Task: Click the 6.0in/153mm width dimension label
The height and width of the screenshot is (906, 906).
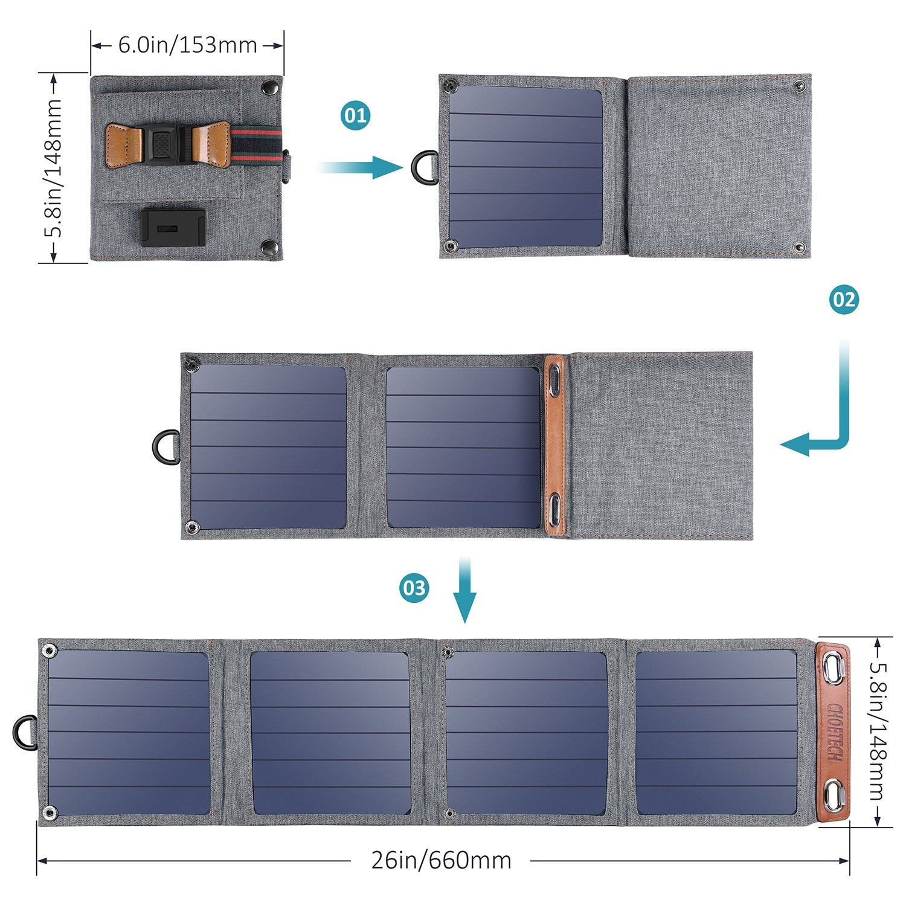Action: click(187, 45)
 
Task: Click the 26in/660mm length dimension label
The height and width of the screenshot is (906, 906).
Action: click(441, 860)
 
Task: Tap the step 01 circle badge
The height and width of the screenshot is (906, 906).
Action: click(355, 115)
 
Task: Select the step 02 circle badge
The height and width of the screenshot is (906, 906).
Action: click(843, 300)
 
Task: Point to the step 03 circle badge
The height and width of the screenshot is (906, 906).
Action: click(414, 588)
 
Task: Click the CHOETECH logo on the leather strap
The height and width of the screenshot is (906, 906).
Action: click(834, 732)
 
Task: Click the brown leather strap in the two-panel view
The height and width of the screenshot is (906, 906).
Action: click(554, 445)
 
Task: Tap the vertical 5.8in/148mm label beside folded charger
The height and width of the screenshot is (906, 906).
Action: click(53, 168)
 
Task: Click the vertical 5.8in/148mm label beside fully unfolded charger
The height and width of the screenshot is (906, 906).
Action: click(878, 732)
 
